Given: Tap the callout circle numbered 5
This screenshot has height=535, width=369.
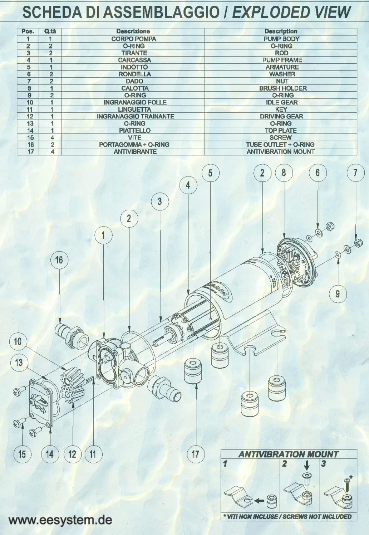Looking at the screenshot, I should point(210,173).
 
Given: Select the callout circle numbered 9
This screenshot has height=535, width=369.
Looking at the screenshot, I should point(338,294).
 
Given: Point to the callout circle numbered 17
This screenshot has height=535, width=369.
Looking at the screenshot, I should point(195,454).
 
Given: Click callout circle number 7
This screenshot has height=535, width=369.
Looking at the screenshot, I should point(355,173).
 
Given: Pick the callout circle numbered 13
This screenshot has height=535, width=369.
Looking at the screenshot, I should point(19,363).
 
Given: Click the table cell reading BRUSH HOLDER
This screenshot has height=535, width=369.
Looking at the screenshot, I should point(281,88).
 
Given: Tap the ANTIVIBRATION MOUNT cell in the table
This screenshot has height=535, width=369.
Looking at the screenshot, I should point(281,152).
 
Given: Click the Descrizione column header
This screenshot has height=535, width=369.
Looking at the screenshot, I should point(133,31).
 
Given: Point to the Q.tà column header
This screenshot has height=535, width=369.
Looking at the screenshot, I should point(50,31).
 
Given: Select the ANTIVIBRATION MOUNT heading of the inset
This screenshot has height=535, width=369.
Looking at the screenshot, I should point(288,454).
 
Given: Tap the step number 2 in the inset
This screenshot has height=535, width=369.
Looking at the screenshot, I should point(285,464).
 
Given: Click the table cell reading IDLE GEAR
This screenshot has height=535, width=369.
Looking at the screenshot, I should point(281,102).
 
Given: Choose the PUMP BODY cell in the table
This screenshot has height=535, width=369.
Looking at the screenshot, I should point(281,39).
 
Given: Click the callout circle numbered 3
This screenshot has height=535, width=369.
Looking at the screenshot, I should point(159,201).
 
